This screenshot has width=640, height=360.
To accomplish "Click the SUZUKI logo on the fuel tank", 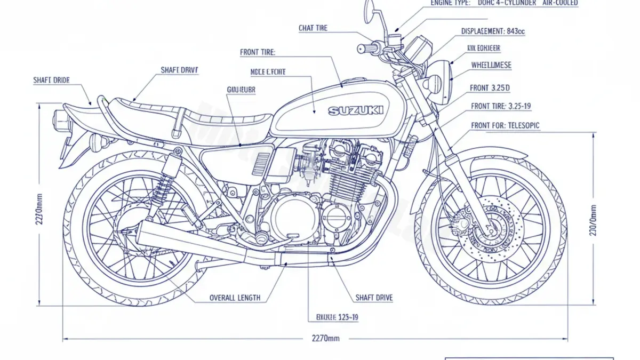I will click(x=356, y=111).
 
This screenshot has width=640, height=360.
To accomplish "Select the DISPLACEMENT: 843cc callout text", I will click(x=492, y=31).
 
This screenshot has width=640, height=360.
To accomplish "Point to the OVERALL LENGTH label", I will click(x=235, y=298).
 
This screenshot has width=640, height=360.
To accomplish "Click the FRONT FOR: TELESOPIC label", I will click(x=505, y=125).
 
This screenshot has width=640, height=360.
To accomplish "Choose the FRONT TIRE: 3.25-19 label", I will click(x=501, y=106).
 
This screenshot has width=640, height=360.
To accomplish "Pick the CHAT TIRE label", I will click(x=313, y=28).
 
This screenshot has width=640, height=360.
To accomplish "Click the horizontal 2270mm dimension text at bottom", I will click(x=325, y=338).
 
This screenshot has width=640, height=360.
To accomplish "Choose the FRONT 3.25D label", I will click(x=490, y=87).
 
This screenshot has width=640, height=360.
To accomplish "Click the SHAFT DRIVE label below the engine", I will click(x=373, y=298).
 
